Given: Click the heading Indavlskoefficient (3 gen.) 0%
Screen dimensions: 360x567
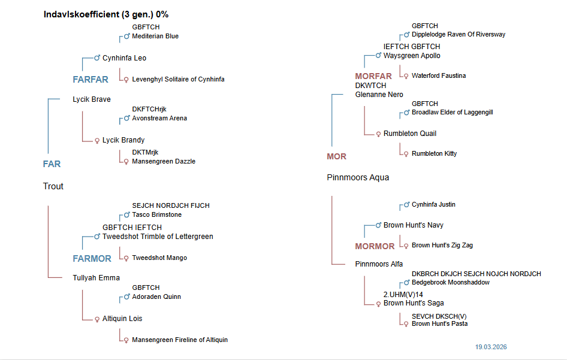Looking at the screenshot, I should pos(105,14).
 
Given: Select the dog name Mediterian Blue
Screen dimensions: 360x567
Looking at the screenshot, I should pos(155,36).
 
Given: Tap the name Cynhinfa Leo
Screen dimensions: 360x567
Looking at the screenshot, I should pos(124,58).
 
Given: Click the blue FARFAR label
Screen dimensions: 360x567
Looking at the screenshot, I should pos(91,79).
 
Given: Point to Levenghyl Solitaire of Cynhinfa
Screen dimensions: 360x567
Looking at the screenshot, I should pos(178,79).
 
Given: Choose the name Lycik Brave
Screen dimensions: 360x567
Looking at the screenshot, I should pos(92,99).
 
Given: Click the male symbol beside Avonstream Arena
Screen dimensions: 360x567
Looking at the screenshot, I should pos(126,119).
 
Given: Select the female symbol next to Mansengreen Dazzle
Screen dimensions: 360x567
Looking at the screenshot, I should pos(126,162).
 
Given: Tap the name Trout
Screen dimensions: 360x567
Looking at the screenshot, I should pos(53,186).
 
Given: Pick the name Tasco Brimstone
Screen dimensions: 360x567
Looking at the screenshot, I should pos(156,214).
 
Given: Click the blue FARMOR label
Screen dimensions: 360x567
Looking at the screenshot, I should pos(92,259).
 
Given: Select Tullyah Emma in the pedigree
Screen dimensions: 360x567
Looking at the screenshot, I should pos(96,278).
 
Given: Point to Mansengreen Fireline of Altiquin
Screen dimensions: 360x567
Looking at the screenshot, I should pos(180,340).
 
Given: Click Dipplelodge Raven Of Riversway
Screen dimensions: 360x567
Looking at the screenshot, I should pos(458,34).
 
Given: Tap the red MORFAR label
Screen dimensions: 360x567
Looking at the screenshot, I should pos(373,76).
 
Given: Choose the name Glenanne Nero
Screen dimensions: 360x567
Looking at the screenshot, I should pos(379,95).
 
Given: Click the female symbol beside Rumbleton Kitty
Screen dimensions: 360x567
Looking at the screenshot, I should pos(406,154).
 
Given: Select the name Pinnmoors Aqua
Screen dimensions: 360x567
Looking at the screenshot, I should pos(358,177).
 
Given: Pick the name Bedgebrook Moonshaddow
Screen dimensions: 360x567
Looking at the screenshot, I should pos(450,282).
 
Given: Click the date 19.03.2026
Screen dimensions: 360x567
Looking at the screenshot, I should pos(491,347).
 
